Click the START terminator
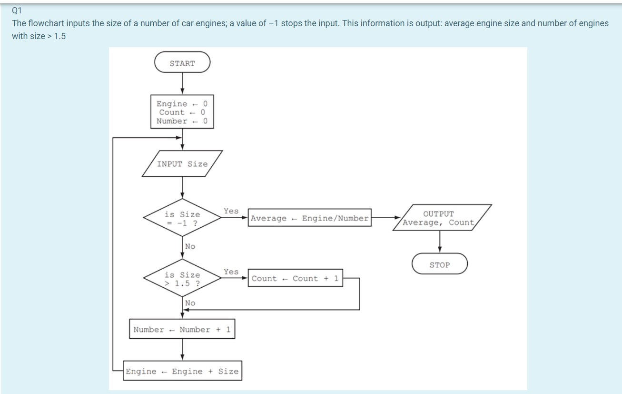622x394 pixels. click(182, 62)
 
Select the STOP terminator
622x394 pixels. click(439, 264)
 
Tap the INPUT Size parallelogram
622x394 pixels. click(182, 164)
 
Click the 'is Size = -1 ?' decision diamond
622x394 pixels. click(182, 218)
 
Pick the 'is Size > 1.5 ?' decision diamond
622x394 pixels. click(182, 279)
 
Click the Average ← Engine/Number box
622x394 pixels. click(309, 218)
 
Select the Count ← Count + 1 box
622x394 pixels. click(295, 279)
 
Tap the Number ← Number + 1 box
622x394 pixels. click(182, 329)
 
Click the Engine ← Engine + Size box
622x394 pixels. click(182, 371)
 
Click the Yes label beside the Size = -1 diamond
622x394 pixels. click(231, 211)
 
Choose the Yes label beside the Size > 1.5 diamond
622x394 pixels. click(231, 272)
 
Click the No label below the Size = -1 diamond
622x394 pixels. click(190, 246)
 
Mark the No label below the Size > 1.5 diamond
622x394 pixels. click(190, 303)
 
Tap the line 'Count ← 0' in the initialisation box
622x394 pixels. click(182, 112)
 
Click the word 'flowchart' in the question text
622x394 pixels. click(48, 23)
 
